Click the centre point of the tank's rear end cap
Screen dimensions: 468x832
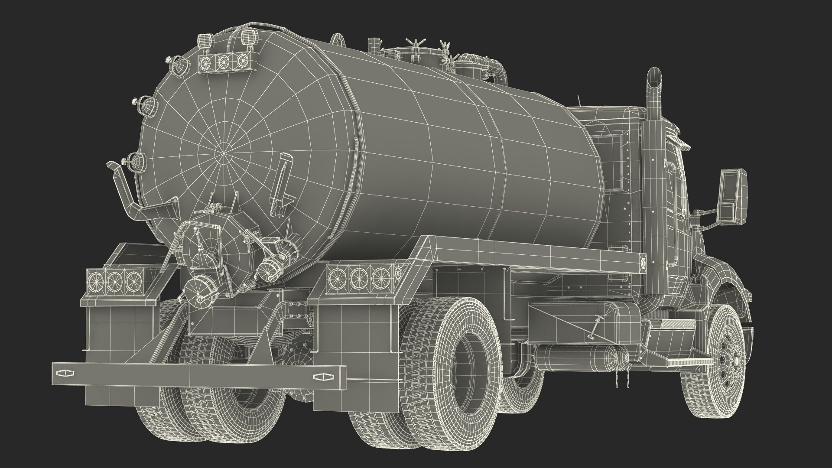tap(223, 153)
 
